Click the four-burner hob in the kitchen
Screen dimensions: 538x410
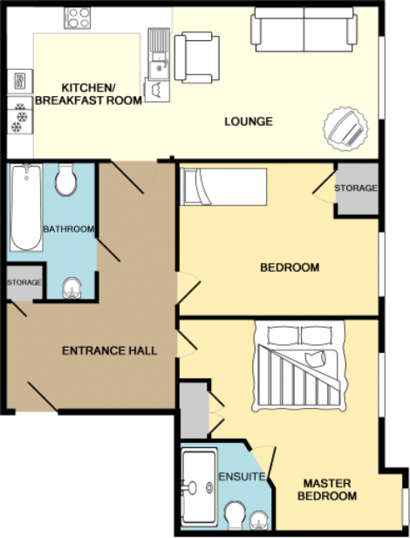pyautogui.click(x=79, y=17)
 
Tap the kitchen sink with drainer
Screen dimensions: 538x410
pyautogui.click(x=159, y=52)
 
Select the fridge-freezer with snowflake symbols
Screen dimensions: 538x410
pyautogui.click(x=18, y=118)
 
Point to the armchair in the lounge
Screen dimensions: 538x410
pyautogui.click(x=196, y=57)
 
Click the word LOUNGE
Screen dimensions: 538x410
pyautogui.click(x=248, y=121)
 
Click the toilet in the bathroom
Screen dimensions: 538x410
pyautogui.click(x=65, y=182)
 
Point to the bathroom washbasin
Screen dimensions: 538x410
pyautogui.click(x=73, y=286)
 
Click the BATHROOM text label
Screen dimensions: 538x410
pyautogui.click(x=68, y=229)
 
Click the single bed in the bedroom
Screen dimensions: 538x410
pyautogui.click(x=222, y=186)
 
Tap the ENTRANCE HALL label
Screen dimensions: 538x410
pyautogui.click(x=110, y=351)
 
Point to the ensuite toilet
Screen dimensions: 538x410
pyautogui.click(x=234, y=514)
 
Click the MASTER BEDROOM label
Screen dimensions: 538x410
pyautogui.click(x=329, y=489)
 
